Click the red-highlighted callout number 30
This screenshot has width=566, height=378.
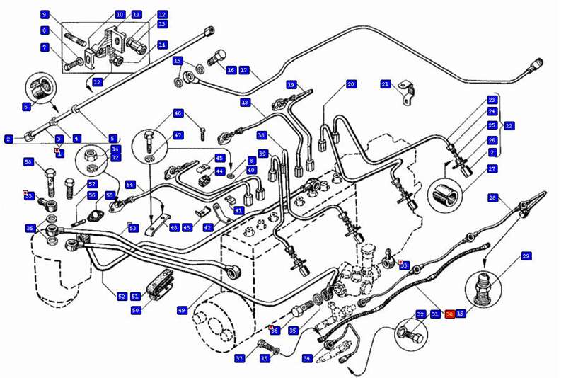pyautogui.click(x=449, y=314)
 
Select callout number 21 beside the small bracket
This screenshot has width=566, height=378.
pyautogui.click(x=386, y=84)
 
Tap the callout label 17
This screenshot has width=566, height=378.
pyautogui.click(x=244, y=70)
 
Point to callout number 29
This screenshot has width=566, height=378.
pyautogui.click(x=526, y=256)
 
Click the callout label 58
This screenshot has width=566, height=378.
pyautogui.click(x=29, y=162)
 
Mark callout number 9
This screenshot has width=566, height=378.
pyautogui.click(x=44, y=14)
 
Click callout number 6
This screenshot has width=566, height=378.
pyautogui.click(x=27, y=107)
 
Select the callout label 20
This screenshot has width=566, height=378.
pyautogui.click(x=351, y=84)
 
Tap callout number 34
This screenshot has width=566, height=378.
pyautogui.click(x=306, y=359)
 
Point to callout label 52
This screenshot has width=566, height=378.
pyautogui.click(x=122, y=297)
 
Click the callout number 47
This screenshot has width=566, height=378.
pyautogui.click(x=178, y=135)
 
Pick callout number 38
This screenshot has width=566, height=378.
pyautogui.click(x=262, y=135)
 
